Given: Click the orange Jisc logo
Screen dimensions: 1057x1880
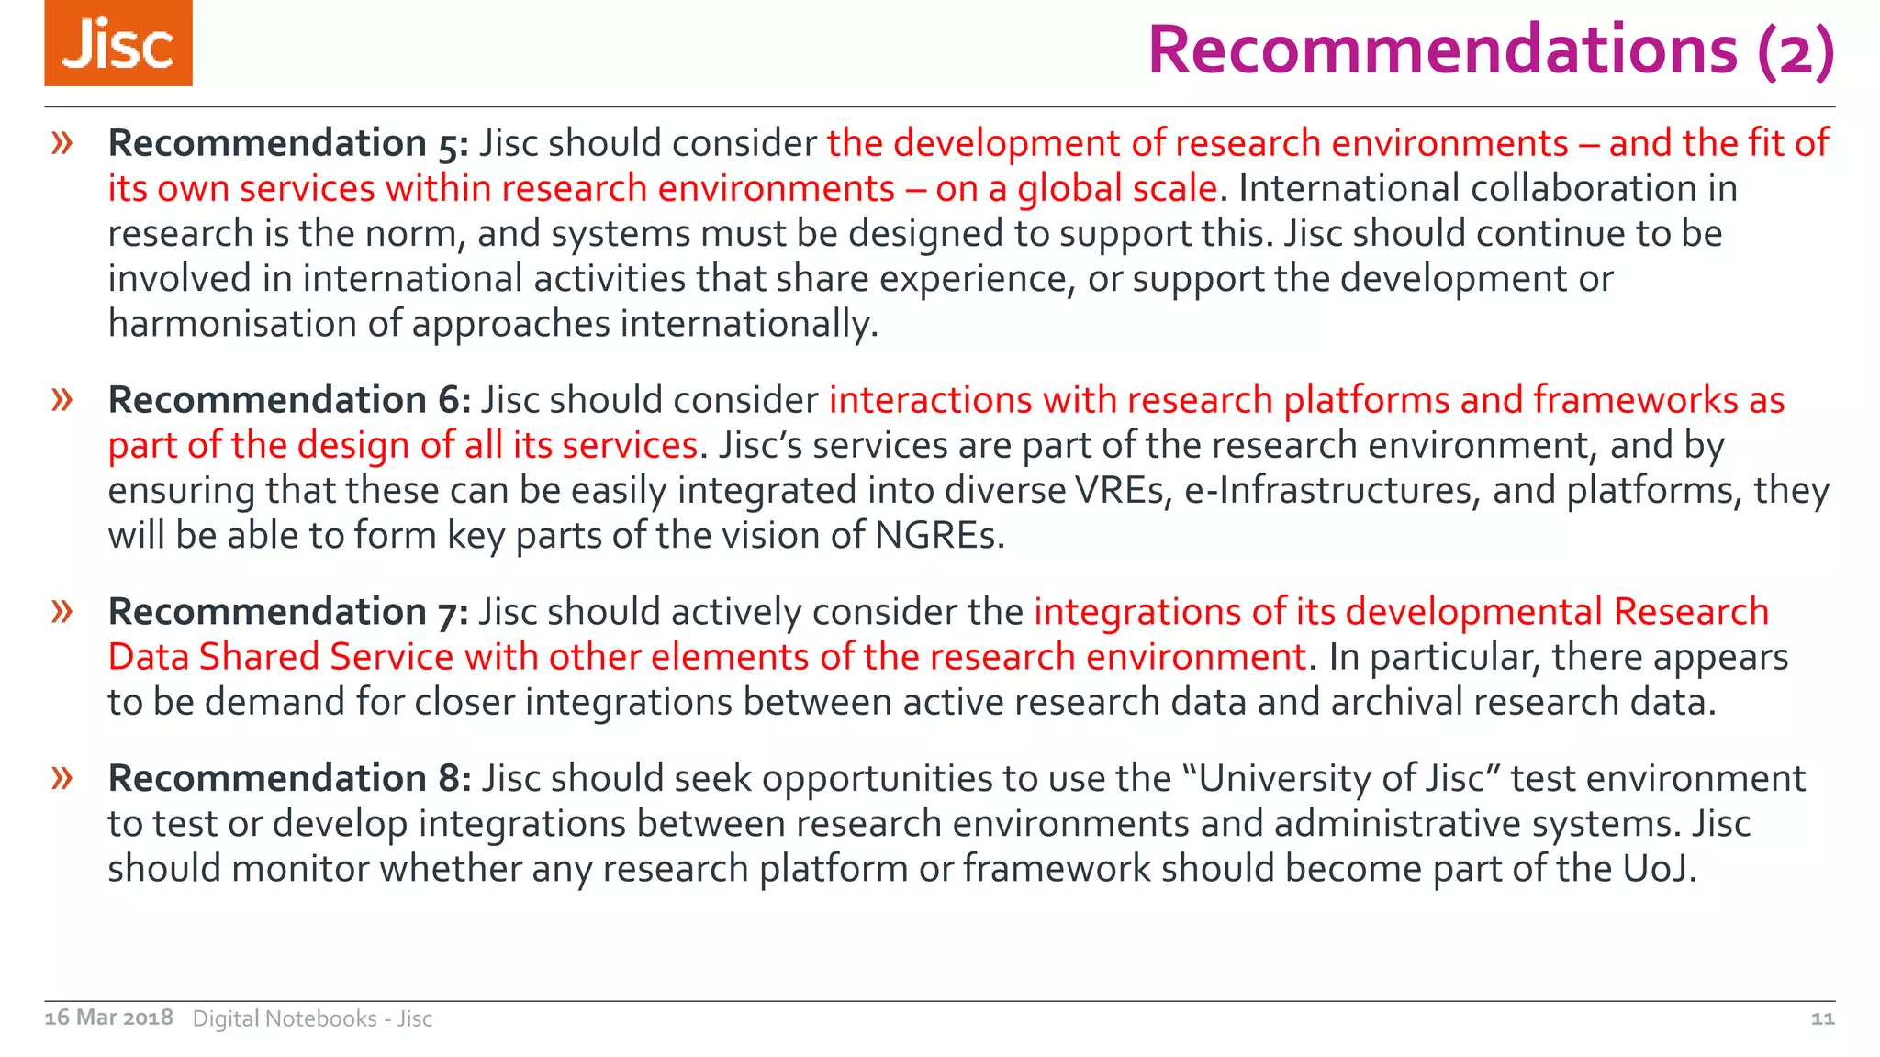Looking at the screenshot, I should click(118, 43).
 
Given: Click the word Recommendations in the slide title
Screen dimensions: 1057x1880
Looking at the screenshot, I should click(1442, 50).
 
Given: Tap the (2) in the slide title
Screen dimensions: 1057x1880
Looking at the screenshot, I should click(1796, 51).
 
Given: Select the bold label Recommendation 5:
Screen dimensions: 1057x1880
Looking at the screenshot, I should click(288, 143).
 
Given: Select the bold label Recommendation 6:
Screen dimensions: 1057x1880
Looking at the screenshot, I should click(289, 400).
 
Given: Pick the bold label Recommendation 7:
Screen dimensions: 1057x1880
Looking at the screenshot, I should click(288, 612).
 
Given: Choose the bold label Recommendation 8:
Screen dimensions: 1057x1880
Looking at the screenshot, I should click(289, 778).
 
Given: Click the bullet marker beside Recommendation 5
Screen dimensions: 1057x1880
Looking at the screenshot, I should click(62, 143).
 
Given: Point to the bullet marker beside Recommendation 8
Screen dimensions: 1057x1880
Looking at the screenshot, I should click(62, 778).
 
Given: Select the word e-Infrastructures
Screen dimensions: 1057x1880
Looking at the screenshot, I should click(1332, 491).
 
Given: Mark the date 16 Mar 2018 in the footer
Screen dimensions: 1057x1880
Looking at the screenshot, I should click(108, 1018).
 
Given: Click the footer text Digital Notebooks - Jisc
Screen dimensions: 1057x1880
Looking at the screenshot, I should click(312, 1018).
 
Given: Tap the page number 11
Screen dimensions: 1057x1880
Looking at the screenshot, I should click(1822, 1018).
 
